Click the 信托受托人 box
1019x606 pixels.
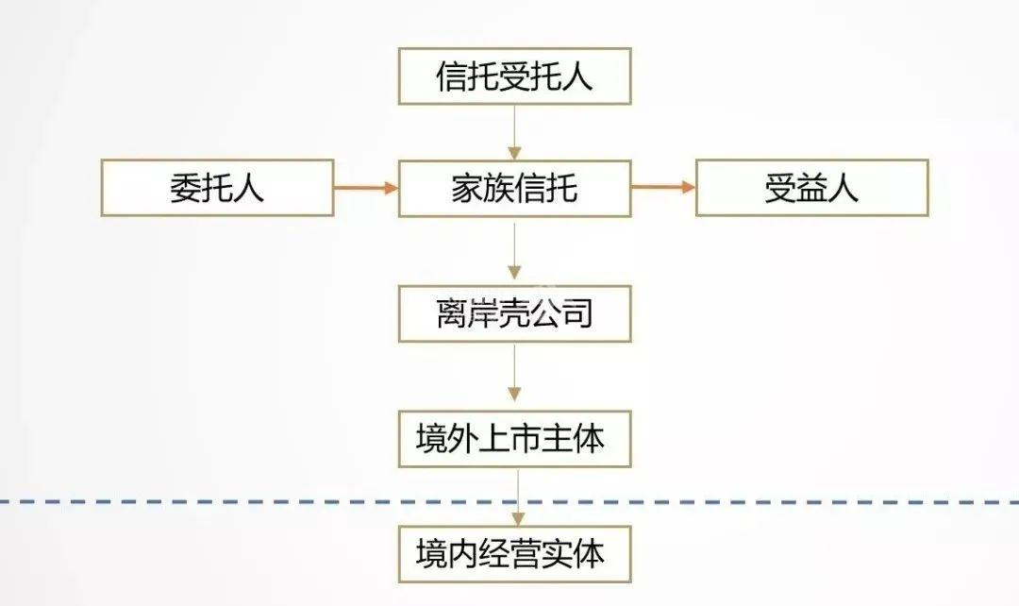point(514,76)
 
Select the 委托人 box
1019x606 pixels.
point(217,188)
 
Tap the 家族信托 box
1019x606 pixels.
point(514,188)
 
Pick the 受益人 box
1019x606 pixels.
point(811,188)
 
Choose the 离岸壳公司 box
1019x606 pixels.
point(514,312)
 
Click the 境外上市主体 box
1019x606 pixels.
point(514,438)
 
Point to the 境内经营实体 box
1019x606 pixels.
point(514,553)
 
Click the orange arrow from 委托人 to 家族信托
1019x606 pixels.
point(366,188)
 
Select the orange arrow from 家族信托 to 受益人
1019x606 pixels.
point(663,188)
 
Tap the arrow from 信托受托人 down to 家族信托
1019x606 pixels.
point(514,132)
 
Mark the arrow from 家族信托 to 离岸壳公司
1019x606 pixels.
point(514,250)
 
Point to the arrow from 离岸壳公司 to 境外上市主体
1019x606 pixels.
point(514,375)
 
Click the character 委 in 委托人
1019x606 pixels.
point(186,188)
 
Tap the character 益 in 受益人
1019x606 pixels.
point(811,188)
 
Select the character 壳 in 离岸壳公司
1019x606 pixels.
point(514,312)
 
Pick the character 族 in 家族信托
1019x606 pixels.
point(499,188)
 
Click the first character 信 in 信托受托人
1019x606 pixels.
point(452,76)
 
